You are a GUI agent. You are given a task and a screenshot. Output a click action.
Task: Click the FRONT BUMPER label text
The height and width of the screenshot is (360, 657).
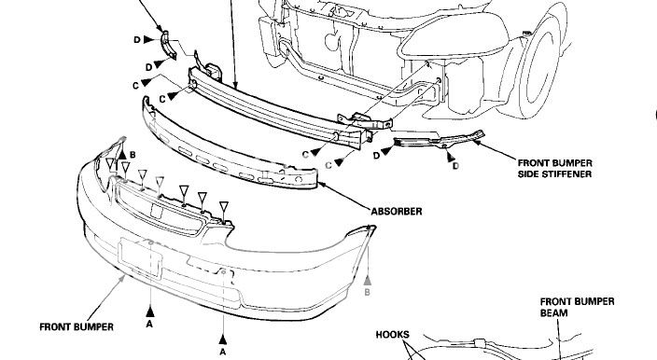[x=77, y=327]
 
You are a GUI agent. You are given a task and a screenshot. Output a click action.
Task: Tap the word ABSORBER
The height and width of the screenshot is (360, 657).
[x=397, y=212]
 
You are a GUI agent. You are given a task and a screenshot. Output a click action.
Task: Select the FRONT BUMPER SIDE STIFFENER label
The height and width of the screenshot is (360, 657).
[x=554, y=168]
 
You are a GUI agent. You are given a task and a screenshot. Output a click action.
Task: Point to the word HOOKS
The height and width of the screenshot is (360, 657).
[x=392, y=335]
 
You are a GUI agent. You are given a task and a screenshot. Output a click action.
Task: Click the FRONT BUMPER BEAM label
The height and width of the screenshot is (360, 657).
[x=577, y=307]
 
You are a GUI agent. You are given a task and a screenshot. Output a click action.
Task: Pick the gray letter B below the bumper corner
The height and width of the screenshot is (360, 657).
[x=367, y=293]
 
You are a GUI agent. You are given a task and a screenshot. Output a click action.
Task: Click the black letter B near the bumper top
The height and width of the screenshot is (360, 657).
[x=133, y=155]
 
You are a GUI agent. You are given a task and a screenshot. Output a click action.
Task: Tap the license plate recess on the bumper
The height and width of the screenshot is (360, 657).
[x=140, y=258]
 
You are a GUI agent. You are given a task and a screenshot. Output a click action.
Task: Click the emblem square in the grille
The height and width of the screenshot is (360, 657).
[x=157, y=212]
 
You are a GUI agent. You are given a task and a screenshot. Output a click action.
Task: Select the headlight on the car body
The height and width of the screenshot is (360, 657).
[x=453, y=35]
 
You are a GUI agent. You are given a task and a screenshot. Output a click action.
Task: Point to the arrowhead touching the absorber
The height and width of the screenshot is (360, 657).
[x=322, y=185]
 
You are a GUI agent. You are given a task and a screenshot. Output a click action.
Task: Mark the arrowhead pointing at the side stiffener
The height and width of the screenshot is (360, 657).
[x=477, y=143]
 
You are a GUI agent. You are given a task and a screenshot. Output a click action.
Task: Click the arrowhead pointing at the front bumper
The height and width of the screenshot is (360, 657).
[x=122, y=278]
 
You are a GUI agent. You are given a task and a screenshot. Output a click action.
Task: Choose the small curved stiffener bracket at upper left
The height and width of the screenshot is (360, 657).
[x=168, y=45]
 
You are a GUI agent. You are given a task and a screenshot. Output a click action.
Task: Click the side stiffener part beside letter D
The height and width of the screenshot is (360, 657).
[x=440, y=141]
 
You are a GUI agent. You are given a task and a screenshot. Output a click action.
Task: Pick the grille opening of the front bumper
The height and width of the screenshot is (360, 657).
[x=160, y=210]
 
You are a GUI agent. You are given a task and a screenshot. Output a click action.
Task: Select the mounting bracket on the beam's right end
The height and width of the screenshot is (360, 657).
[x=366, y=121]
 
